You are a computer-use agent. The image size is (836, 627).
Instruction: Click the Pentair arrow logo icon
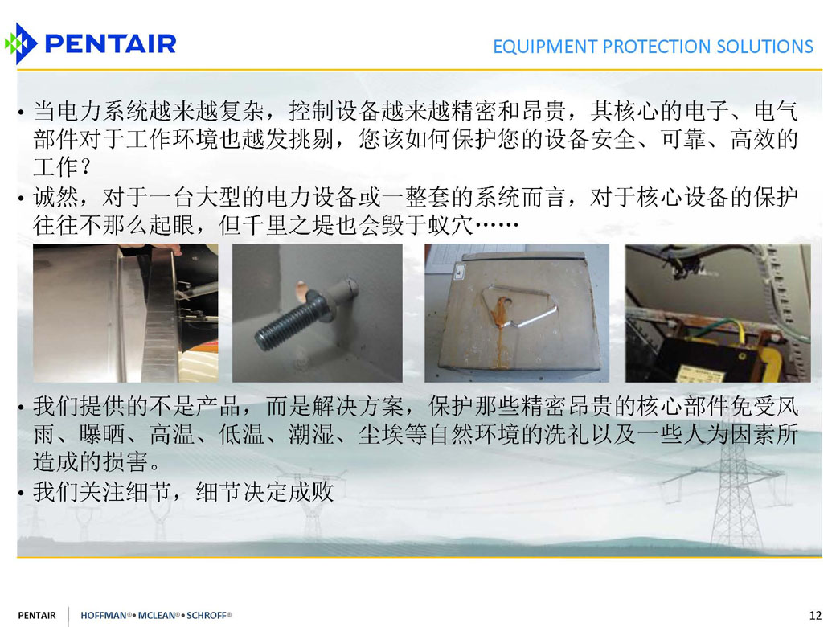21,43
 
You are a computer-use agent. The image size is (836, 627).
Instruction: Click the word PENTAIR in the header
110,43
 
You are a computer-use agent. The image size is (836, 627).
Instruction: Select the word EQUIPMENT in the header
545,47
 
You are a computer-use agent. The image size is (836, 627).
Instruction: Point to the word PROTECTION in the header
656,47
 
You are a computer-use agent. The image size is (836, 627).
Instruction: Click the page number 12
815,615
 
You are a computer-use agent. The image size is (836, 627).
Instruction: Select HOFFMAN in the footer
104,615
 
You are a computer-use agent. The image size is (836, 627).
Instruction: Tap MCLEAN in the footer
156,615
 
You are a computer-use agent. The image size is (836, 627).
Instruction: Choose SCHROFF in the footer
207,615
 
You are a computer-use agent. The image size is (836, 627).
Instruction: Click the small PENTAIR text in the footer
37,615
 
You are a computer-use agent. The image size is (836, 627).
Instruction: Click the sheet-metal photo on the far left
125,313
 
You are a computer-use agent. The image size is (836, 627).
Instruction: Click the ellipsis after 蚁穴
497,225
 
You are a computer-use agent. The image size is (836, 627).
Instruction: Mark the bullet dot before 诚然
21,199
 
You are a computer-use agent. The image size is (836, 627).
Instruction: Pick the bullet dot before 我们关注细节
21,494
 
